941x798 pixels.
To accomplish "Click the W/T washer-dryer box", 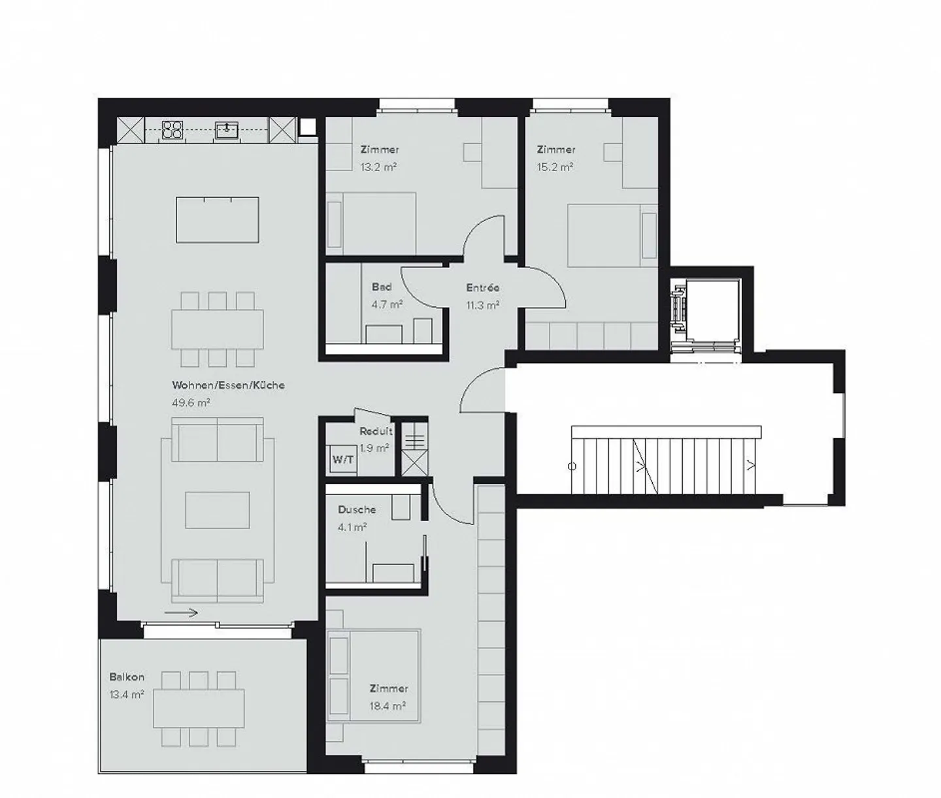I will pos(343,460).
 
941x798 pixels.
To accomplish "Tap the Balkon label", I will pos(127,677).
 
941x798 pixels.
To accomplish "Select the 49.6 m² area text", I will pos(191,403).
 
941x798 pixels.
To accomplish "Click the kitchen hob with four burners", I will pos(172,129).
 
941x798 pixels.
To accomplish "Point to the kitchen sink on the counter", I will pos(226,129).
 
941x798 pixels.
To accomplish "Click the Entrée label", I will pos(483,287).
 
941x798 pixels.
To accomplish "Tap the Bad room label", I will pos(382,287).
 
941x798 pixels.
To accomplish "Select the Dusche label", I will pos(357,509).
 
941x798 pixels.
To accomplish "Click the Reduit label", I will pos(376,431).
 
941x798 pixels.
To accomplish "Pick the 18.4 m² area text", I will pos(388,706).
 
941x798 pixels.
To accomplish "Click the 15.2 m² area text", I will pos(555,167).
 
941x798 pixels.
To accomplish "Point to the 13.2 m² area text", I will pos(378,167).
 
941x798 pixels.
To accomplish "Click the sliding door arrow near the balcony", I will pos(181,613).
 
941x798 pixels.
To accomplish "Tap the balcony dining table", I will pos(199,708).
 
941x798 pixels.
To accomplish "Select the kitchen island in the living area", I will pos(217,219).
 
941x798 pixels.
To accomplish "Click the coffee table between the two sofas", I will pos(217,510).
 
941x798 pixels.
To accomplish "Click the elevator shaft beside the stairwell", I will pos(710,310).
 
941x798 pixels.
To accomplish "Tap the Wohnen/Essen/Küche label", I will pos(228,385).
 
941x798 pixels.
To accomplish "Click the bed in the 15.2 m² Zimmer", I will pos(605,235).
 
